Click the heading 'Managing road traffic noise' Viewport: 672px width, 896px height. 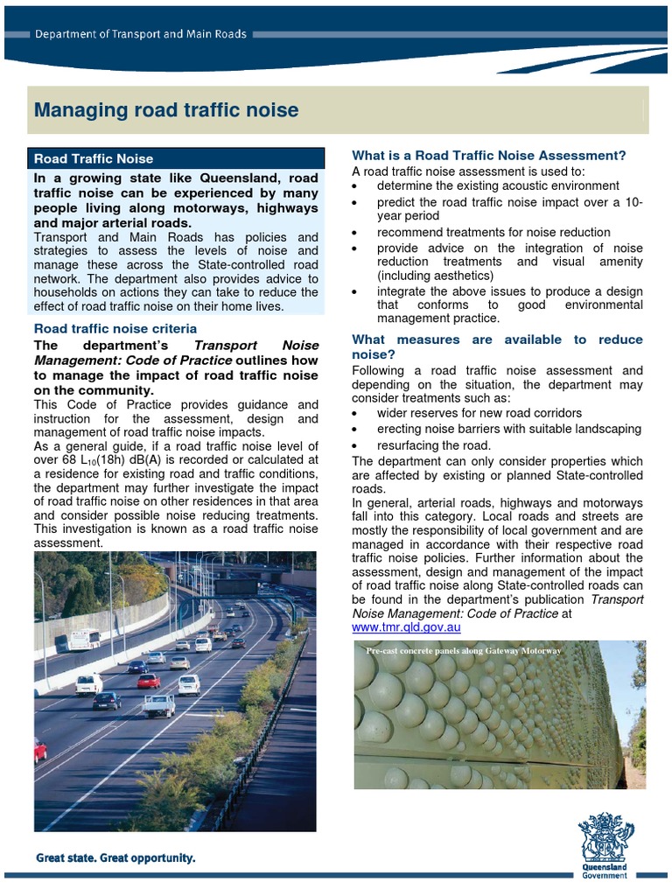point(165,110)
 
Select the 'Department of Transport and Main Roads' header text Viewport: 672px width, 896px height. point(140,34)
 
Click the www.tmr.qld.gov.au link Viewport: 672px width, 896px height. point(406,627)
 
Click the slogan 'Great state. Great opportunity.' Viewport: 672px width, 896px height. point(115,858)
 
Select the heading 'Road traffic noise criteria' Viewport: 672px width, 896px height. point(115,328)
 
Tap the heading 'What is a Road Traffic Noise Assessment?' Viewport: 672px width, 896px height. point(488,155)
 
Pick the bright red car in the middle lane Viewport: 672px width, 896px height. point(148,681)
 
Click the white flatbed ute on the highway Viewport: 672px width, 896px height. point(159,705)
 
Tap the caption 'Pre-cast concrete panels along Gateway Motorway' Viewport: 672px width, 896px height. point(463,651)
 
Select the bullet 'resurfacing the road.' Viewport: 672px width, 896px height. point(434,445)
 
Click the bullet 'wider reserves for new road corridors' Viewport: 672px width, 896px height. point(479,412)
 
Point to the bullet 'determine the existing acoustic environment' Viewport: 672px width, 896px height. point(498,185)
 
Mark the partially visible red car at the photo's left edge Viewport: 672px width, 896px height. point(40,750)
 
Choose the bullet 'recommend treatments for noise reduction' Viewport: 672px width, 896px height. point(493,232)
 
